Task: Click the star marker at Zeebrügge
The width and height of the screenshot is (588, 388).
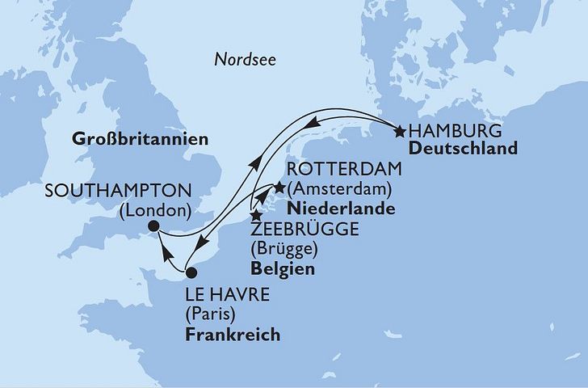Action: [x=255, y=216]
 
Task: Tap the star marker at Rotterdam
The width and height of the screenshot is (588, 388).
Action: [x=279, y=188]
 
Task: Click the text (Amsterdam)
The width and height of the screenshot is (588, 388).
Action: [x=340, y=191]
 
